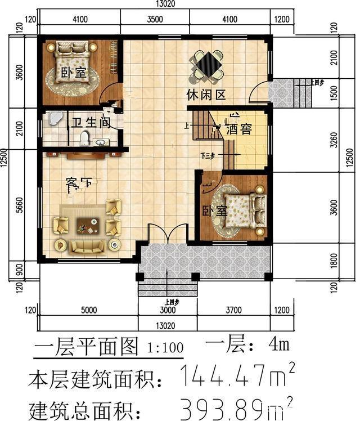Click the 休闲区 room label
[206, 95]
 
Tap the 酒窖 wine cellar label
[238, 129]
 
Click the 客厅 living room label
[79, 183]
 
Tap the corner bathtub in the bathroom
[54, 118]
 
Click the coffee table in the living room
[87, 226]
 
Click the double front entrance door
[167, 234]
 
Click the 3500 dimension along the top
[155, 19]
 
